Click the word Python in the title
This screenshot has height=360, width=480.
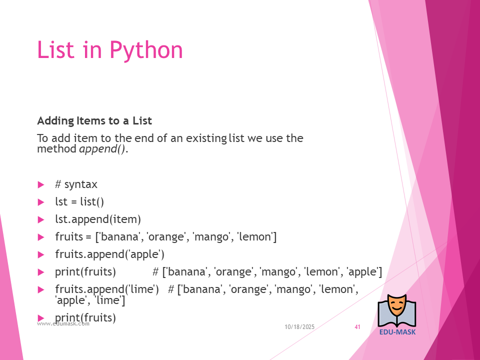coord(146,50)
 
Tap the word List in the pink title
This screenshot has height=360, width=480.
coord(55,49)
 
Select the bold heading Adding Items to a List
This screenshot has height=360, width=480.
coord(94,120)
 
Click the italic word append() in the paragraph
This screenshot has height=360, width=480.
coord(102,149)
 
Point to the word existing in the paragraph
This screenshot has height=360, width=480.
coord(206,138)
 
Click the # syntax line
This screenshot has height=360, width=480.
coord(76,184)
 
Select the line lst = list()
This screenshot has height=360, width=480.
coord(79,201)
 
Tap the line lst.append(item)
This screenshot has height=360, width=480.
coord(98,219)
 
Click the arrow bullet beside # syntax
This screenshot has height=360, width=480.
coord(41,184)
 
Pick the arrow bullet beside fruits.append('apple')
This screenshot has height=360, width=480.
coord(41,254)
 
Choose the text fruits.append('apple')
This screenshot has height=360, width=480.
coord(110,254)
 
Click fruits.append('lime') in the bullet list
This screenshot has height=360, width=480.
coord(107,289)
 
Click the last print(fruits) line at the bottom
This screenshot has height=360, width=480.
coord(85,318)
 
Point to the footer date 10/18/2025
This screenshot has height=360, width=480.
coord(299,327)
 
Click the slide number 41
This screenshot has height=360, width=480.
coord(357,327)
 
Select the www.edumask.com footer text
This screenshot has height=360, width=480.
coord(63,324)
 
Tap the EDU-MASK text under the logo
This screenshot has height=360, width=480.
coord(397,332)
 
